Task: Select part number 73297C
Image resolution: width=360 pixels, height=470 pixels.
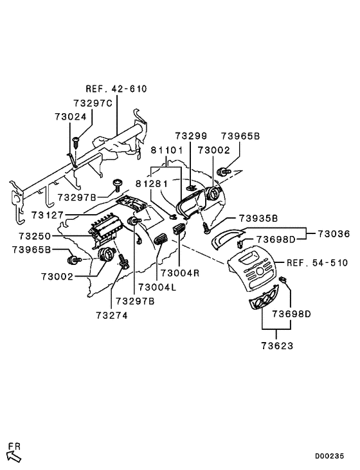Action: tap(93, 103)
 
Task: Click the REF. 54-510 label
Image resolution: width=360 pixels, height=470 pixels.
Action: tap(317, 263)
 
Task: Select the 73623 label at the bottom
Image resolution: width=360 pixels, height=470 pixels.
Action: tap(277, 345)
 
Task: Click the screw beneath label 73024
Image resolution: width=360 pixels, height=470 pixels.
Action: tap(75, 140)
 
